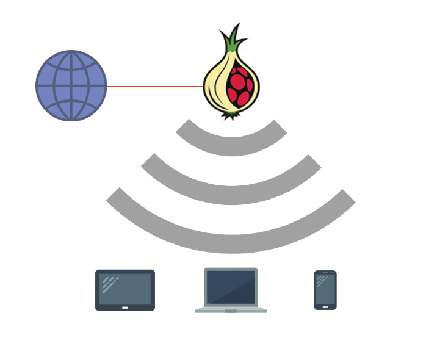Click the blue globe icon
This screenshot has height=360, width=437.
(71, 86)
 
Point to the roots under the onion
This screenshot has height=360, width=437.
(230, 117)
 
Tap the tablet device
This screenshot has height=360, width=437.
(125, 290)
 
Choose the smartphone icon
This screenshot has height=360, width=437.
(325, 290)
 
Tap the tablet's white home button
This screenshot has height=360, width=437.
(125, 307)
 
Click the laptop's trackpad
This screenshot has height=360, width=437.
(231, 309)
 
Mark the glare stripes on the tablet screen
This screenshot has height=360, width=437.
(110, 283)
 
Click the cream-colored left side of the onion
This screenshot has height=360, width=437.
(214, 85)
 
